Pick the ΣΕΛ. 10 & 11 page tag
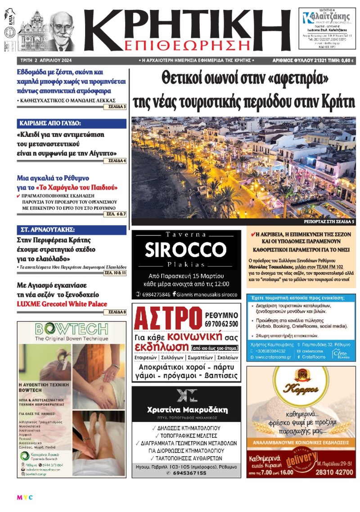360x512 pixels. point(115,273)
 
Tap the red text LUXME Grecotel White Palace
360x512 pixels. point(62,304)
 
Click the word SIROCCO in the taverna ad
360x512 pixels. point(186,249)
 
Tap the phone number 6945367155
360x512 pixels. point(186,473)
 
